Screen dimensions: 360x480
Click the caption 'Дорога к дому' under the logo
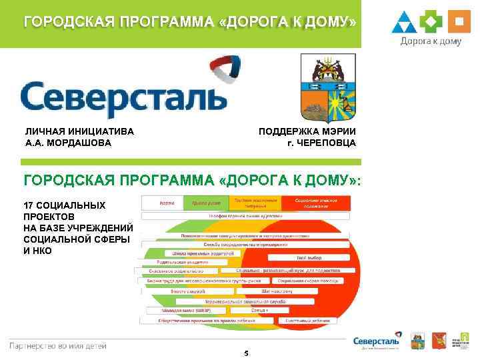(431, 41)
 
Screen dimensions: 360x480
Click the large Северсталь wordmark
(123, 97)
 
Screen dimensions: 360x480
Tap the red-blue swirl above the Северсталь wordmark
(226, 72)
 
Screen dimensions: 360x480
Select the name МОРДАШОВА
(80, 143)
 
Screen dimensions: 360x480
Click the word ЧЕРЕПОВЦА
(327, 143)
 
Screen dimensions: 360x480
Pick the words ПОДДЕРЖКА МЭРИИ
(307, 131)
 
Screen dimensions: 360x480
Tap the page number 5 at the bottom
(246, 353)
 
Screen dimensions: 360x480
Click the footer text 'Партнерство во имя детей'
(57, 345)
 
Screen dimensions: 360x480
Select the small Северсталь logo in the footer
(377, 341)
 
